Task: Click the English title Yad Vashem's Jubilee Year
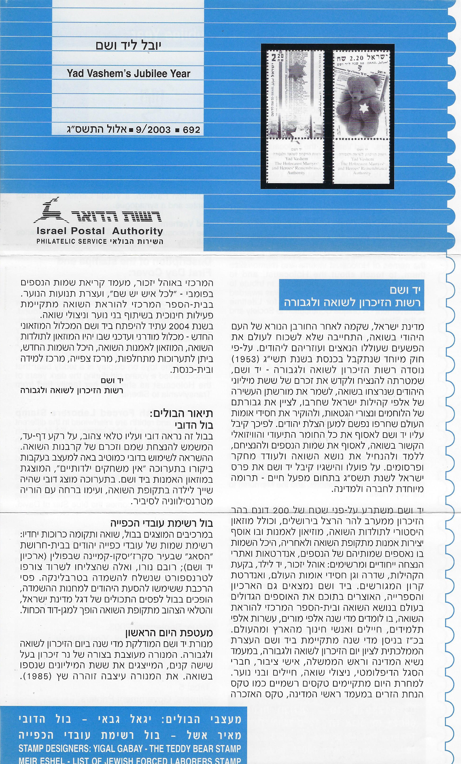click(x=128, y=74)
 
